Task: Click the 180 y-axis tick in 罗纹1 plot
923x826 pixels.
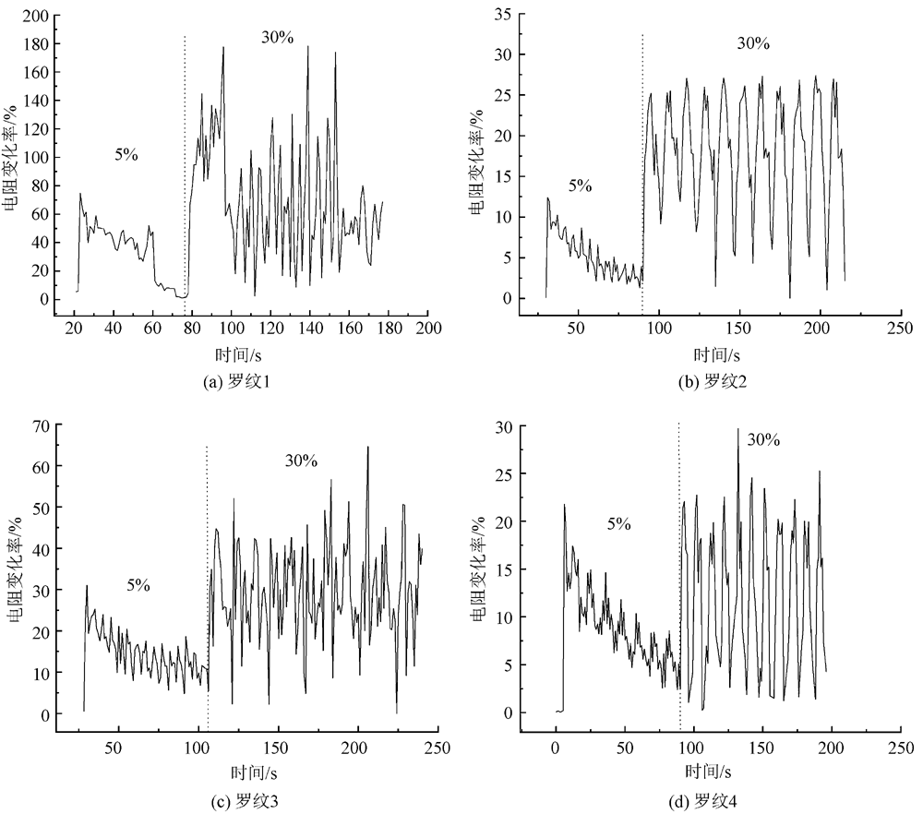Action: [x=40, y=44]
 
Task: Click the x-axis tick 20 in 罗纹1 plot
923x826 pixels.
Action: [x=74, y=329]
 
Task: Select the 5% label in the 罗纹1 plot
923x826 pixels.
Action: [x=126, y=155]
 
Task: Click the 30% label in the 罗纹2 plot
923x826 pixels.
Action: [x=753, y=43]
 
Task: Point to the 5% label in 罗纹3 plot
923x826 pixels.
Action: [x=138, y=585]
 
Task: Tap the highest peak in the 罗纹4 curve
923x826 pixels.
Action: [x=738, y=429]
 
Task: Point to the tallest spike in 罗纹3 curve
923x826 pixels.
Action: [x=367, y=448]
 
